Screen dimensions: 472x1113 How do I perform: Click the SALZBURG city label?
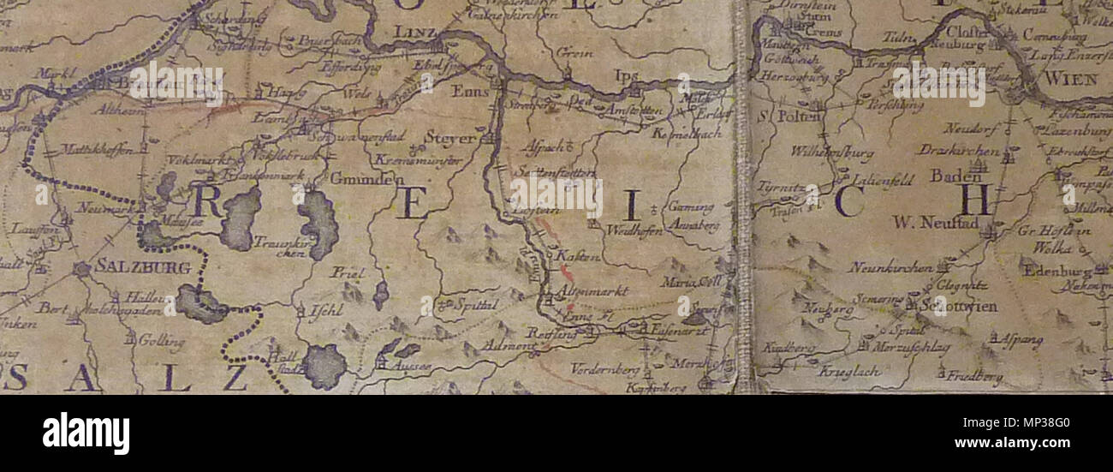[143, 268]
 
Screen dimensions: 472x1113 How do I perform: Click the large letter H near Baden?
[975, 200]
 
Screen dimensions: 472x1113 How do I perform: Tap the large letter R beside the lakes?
[208, 200]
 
